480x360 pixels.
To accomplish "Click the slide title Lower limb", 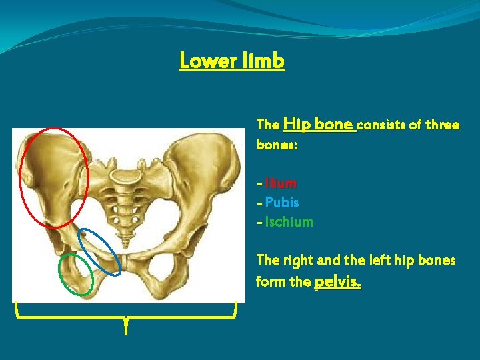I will click(232, 61).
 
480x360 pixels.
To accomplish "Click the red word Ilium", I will click(281, 183).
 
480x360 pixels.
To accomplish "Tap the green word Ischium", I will click(289, 222).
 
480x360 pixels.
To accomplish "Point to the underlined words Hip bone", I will click(320, 124).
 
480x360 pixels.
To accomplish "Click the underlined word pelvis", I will click(337, 282).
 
